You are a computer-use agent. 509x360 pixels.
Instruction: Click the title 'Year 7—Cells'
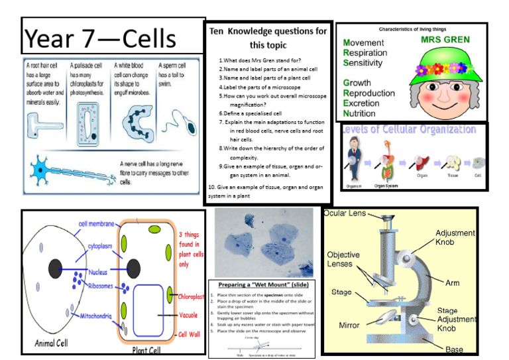coord(101,38)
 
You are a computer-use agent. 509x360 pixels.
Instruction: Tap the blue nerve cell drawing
coord(60,172)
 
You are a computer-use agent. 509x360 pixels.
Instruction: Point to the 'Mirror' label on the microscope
coord(349,326)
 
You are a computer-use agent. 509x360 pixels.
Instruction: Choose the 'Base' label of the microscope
coord(455,349)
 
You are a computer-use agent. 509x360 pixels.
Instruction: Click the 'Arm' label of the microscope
coord(452,283)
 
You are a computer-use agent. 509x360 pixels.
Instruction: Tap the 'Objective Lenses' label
coord(343,259)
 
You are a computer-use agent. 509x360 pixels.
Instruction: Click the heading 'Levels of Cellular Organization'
coord(408,129)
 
